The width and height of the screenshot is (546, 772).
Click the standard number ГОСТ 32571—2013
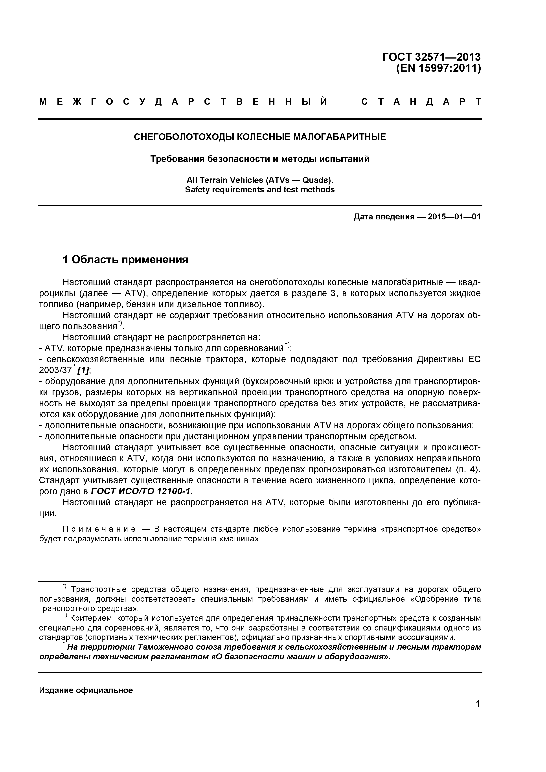[431, 57]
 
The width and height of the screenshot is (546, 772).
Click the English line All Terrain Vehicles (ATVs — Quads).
[259, 180]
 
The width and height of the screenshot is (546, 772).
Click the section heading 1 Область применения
[125, 260]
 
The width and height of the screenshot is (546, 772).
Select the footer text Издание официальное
[86, 690]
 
